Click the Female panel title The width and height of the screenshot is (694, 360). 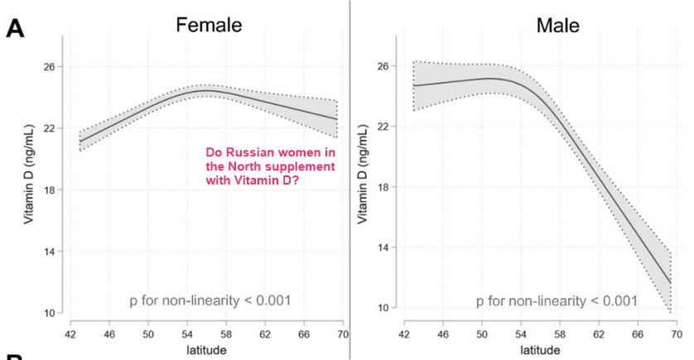[208, 25]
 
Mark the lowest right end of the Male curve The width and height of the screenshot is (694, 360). [671, 284]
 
